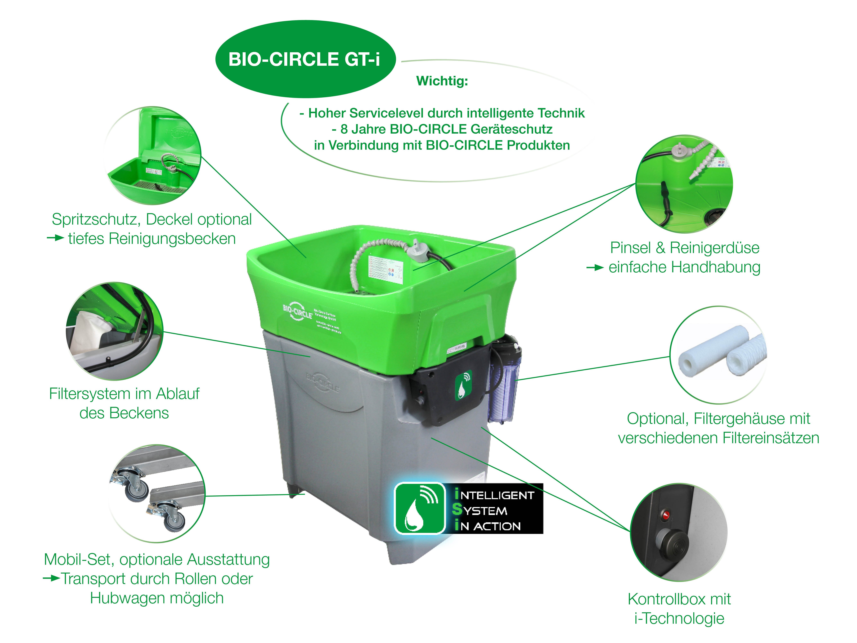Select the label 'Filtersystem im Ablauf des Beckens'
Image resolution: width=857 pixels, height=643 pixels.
click(124, 403)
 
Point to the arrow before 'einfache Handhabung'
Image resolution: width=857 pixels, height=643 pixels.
click(595, 267)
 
